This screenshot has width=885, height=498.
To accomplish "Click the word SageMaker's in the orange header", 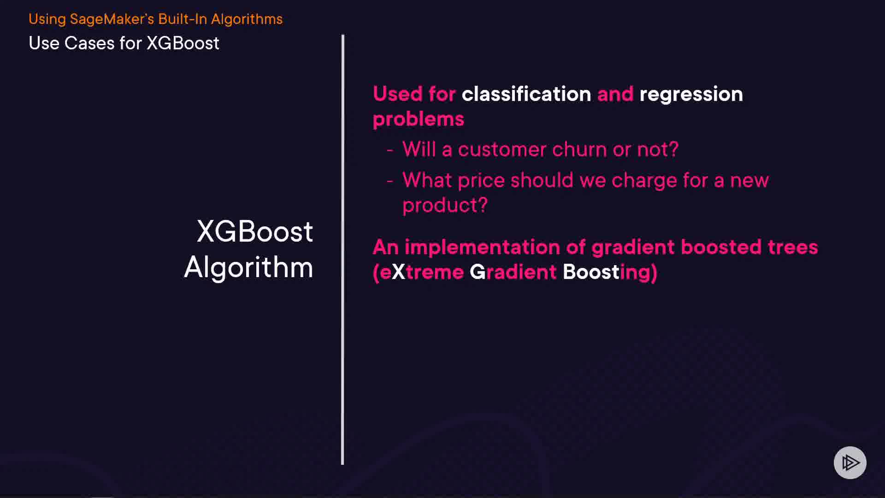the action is tap(112, 19).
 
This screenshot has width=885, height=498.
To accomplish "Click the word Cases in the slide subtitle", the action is tap(89, 43).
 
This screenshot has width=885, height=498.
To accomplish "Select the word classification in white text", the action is tap(526, 94).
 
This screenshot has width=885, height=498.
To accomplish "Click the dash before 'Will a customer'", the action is tap(390, 150).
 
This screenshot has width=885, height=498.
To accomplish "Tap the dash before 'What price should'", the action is tap(390, 181).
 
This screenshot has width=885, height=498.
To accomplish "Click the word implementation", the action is tap(482, 248).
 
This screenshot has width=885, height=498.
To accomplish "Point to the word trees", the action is tap(793, 248).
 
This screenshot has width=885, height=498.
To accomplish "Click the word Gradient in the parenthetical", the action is tap(513, 273).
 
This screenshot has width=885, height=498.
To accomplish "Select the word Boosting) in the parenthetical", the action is tap(610, 273).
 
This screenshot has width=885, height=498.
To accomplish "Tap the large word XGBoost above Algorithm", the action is tap(255, 231).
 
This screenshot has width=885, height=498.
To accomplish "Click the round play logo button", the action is tap(850, 462).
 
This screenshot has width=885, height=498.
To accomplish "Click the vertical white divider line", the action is tap(342, 249).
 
